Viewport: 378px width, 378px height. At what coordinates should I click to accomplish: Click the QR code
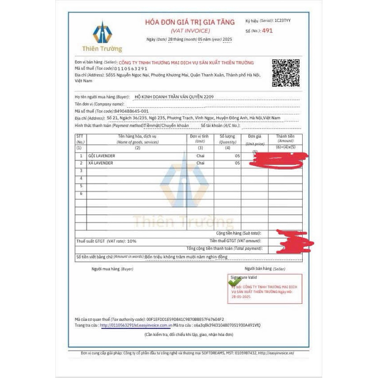[x=286, y=73]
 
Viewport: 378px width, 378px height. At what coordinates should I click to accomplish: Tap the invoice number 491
[x=267, y=31]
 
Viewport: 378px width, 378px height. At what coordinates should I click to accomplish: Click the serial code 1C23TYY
[x=282, y=21]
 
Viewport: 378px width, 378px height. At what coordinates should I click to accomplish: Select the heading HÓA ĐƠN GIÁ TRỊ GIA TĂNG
[x=190, y=22]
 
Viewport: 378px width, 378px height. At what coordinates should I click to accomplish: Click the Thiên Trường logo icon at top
[x=102, y=33]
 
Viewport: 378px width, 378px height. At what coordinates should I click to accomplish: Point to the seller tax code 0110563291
[x=131, y=69]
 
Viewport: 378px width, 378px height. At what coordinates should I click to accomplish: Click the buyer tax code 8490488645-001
[x=132, y=111]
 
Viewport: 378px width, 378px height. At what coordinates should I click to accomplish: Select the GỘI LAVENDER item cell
[x=102, y=156]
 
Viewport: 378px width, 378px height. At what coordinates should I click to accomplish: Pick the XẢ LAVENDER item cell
[x=101, y=163]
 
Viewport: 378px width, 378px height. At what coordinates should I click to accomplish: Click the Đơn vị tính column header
[x=200, y=139]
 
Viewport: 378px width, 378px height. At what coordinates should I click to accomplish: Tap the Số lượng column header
[x=228, y=139]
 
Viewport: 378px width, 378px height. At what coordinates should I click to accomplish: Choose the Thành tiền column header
[x=285, y=138]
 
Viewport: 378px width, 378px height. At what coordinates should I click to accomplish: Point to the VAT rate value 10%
[x=132, y=241]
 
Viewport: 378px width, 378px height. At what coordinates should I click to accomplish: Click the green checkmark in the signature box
[x=235, y=282]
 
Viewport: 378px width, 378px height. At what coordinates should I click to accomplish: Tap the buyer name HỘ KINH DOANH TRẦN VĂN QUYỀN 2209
[x=174, y=97]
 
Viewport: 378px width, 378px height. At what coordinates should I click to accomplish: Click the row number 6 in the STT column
[x=81, y=193]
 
